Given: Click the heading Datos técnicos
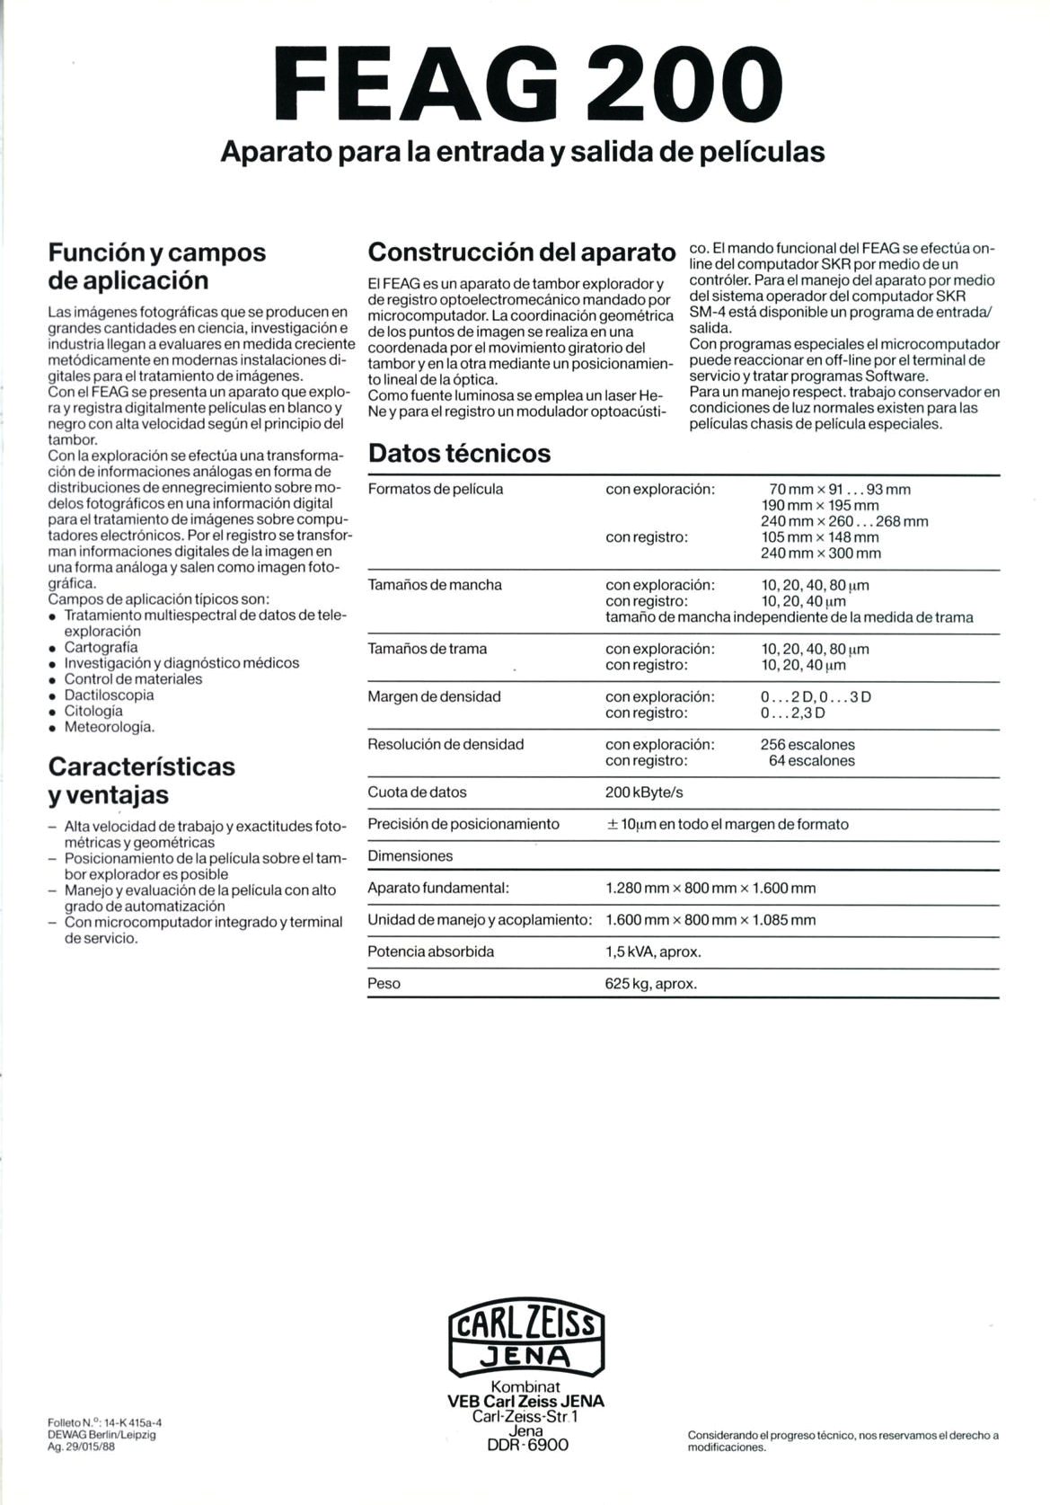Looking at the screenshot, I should tap(459, 453).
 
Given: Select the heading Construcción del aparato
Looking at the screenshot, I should tap(521, 252).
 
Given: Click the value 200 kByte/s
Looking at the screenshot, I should tap(644, 792).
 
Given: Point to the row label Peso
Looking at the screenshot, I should tap(384, 984).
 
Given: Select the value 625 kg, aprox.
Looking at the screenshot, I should tap(651, 984).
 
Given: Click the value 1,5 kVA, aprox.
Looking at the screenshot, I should tap(653, 952).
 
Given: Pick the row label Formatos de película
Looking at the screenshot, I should tap(436, 490).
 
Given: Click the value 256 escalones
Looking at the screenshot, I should tap(807, 745).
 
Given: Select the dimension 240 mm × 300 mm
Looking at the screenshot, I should tap(821, 553).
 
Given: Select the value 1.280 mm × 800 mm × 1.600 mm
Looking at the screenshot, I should tap(710, 889).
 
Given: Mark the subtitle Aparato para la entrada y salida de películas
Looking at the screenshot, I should tap(523, 151).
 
